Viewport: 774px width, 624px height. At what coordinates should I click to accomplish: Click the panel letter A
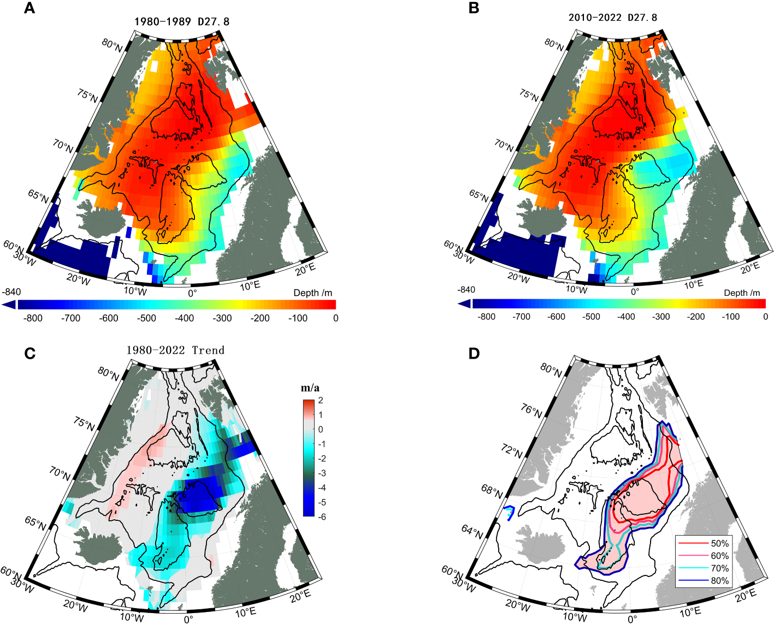click(29, 9)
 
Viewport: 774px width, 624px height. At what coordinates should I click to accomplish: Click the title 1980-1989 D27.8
click(182, 22)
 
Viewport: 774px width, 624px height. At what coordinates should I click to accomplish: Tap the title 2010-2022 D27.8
click(613, 17)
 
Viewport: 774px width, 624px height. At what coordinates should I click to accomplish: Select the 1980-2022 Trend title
click(175, 350)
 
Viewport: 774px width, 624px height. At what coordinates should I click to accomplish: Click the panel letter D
click(474, 354)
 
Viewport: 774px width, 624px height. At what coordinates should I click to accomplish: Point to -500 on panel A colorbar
click(146, 318)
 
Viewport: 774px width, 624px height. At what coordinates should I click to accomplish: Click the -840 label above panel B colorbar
click(466, 290)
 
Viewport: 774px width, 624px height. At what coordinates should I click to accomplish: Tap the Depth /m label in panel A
click(312, 293)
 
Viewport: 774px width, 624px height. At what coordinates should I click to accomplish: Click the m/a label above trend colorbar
click(310, 388)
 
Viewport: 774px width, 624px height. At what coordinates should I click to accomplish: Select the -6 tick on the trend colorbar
click(321, 516)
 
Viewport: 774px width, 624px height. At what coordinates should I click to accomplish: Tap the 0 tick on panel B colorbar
click(765, 317)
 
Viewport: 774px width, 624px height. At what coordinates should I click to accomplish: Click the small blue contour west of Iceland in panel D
click(509, 513)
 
